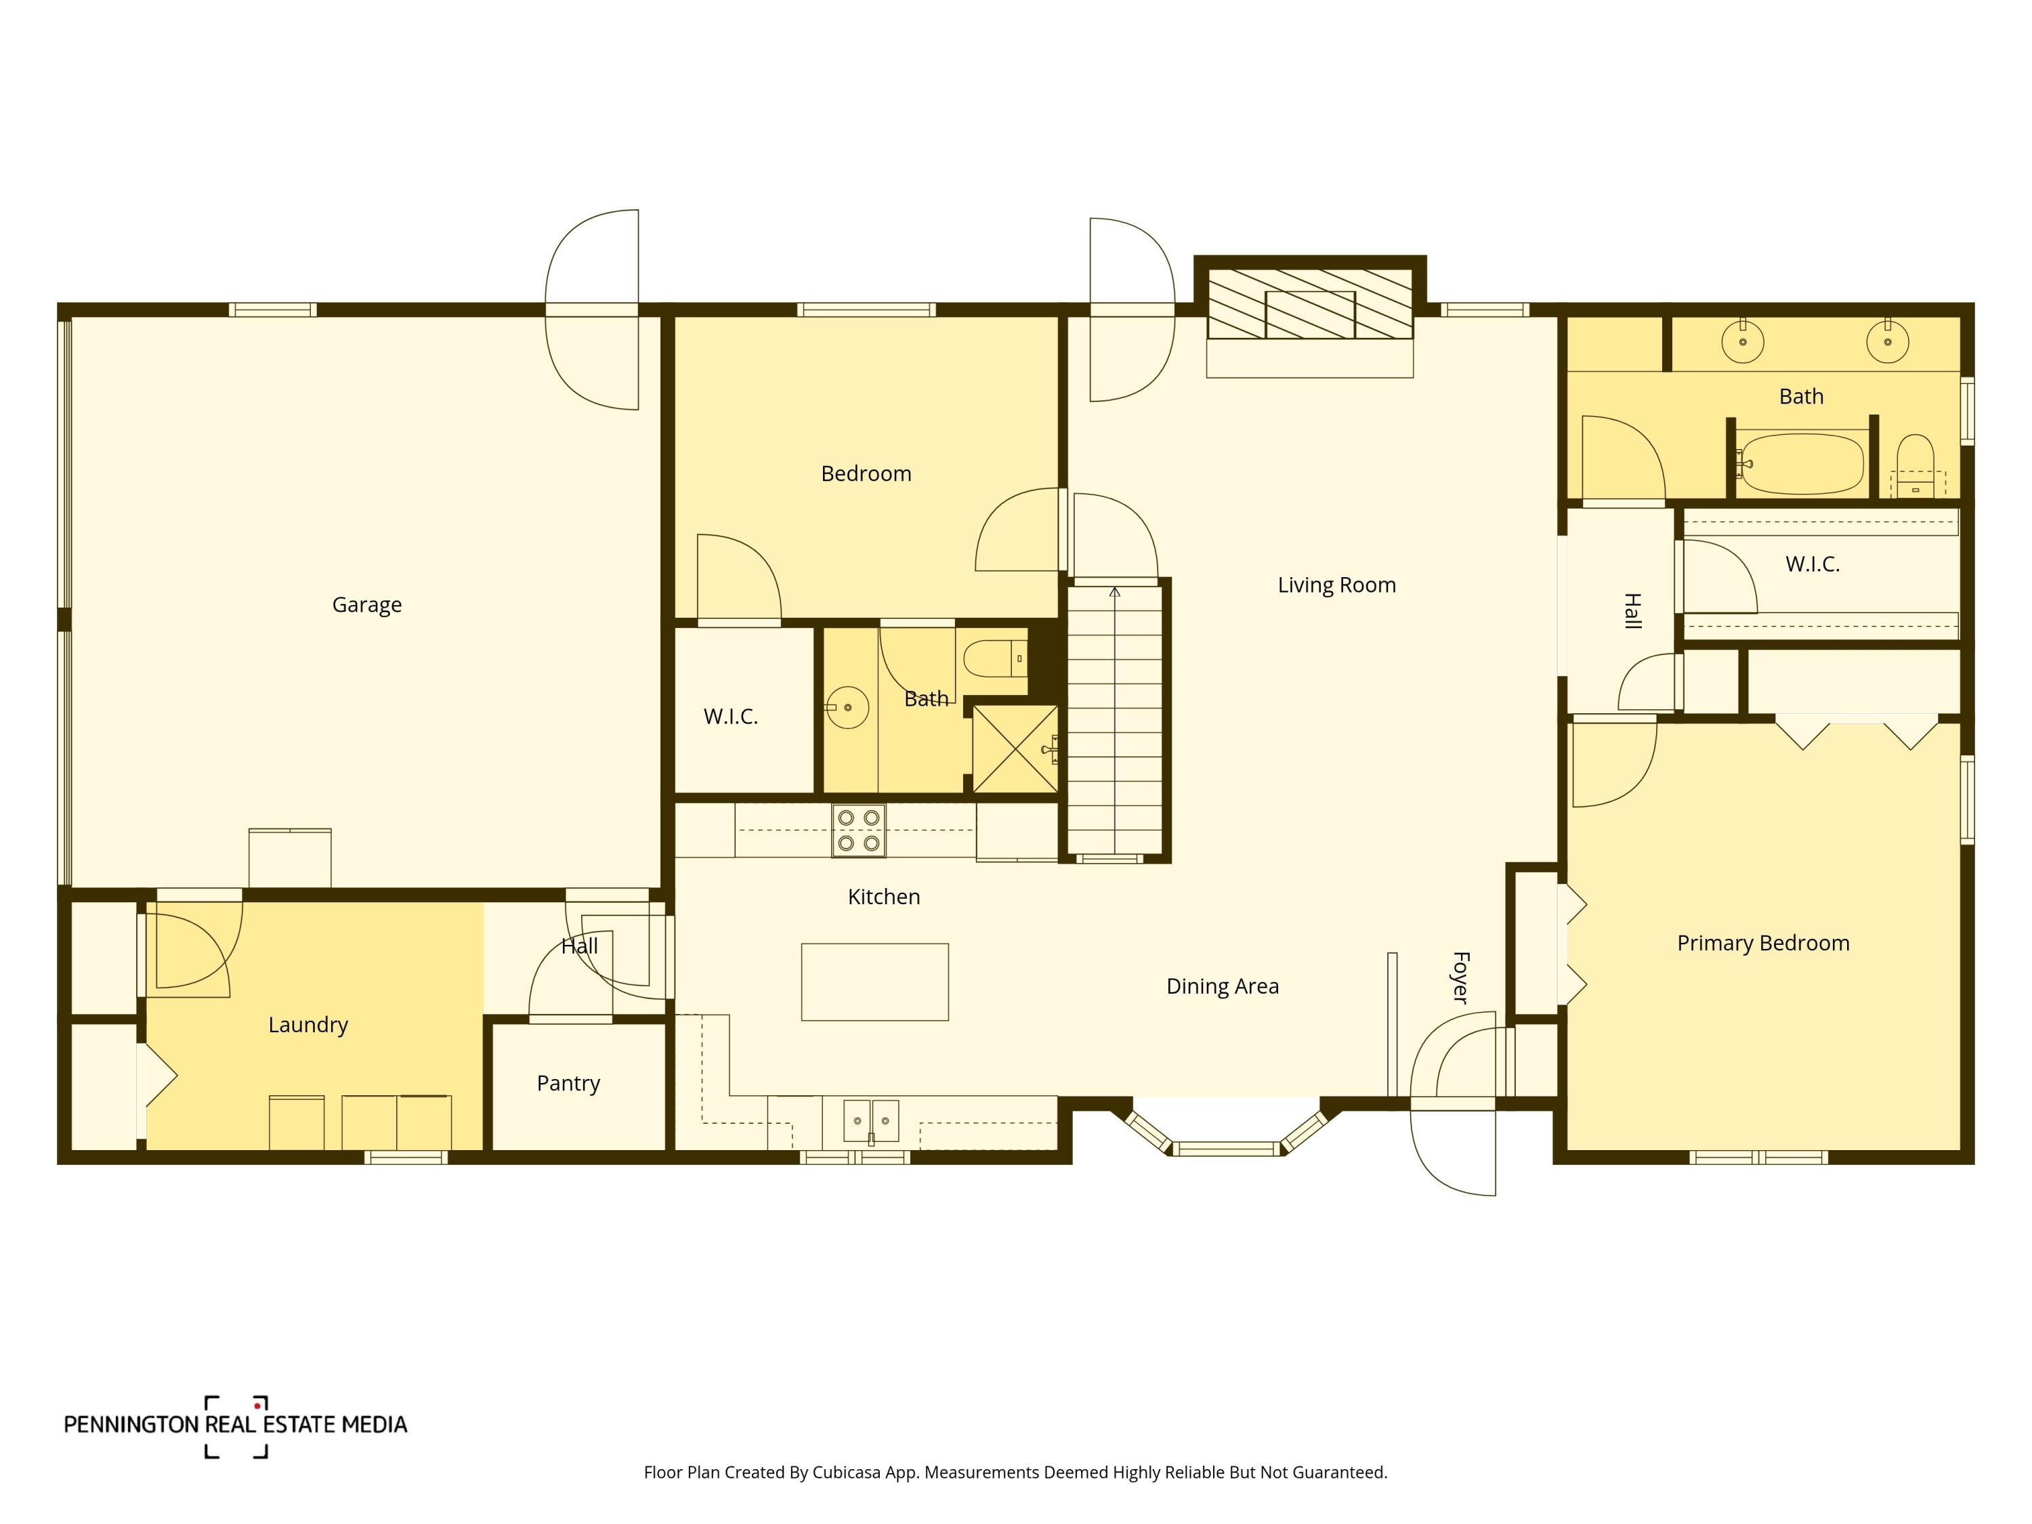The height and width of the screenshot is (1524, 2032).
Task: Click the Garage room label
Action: click(366, 604)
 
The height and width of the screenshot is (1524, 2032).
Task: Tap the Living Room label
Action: click(1336, 585)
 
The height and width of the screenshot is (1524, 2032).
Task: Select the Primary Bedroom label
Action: click(1763, 943)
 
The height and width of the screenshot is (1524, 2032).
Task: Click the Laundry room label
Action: click(308, 1025)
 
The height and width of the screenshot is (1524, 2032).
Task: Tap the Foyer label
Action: click(1460, 977)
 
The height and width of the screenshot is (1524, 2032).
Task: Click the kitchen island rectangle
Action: click(874, 982)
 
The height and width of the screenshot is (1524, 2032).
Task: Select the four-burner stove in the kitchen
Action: click(859, 830)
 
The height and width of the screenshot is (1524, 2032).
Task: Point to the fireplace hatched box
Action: click(1310, 304)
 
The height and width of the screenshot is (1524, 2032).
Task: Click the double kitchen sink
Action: click(872, 1122)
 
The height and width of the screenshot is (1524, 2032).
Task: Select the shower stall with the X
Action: click(1015, 748)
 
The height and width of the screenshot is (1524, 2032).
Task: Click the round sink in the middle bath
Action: click(847, 707)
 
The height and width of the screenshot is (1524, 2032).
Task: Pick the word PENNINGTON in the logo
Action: click(131, 1425)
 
